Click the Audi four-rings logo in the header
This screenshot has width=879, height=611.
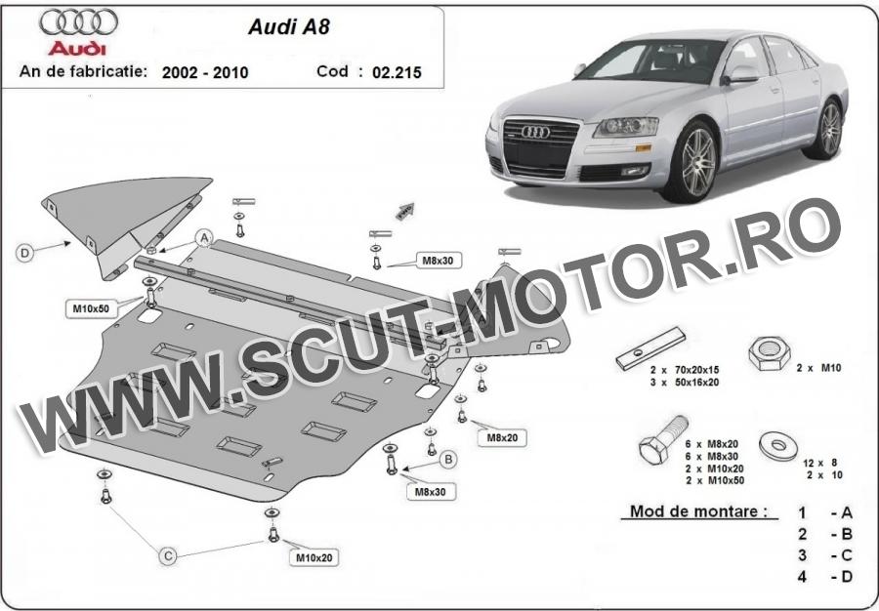click(78, 21)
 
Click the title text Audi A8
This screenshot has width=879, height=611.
click(289, 27)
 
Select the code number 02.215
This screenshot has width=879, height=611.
click(397, 72)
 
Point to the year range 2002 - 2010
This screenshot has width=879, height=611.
click(205, 72)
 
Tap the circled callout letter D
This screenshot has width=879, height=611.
click(24, 253)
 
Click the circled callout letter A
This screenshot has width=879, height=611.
click(204, 238)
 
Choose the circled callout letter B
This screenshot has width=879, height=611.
click(448, 460)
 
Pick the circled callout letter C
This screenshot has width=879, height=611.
click(168, 555)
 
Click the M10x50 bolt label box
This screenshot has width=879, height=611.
click(91, 308)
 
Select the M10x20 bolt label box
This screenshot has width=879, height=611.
click(314, 557)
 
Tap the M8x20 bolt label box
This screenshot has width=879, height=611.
click(502, 438)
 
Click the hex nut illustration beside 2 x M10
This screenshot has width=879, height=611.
click(770, 353)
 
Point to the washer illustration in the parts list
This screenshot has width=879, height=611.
click(778, 446)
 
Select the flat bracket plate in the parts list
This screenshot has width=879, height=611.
click(650, 348)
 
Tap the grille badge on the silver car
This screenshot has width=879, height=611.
click(536, 132)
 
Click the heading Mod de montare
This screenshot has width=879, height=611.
click(698, 511)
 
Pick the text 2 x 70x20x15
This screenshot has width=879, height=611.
click(685, 370)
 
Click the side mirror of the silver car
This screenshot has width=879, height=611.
click(741, 74)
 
